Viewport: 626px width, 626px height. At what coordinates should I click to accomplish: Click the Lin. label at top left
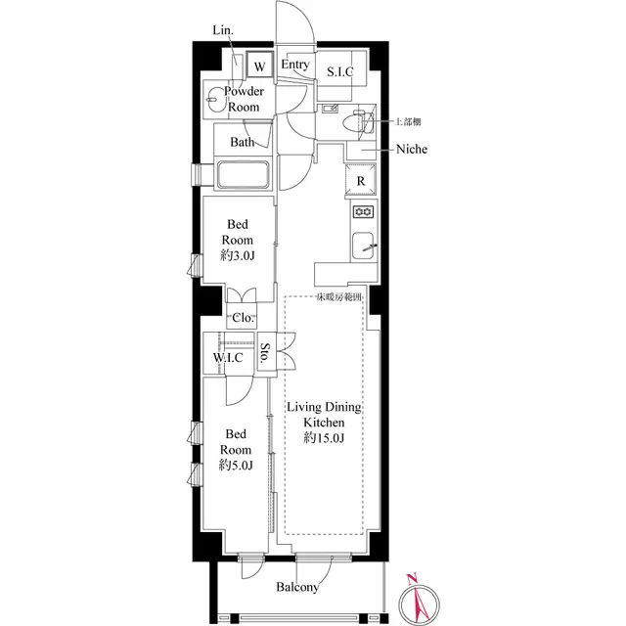pos(224,31)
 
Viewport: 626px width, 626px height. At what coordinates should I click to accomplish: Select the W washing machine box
pos(259,66)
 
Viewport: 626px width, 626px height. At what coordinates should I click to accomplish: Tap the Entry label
pos(294,66)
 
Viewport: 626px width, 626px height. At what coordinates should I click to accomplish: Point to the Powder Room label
pos(243,99)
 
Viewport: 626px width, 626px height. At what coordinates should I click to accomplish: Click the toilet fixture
pos(360,122)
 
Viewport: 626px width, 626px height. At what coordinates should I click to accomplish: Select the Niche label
pos(411,150)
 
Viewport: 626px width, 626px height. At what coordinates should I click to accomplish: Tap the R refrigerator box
pos(361,181)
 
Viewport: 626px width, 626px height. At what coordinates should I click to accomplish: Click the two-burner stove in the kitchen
pos(362,212)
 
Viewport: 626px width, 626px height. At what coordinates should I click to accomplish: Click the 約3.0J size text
pos(237,257)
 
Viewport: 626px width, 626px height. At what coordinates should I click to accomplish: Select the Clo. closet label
pos(244,318)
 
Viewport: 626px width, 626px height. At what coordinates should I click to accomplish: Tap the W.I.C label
pos(229,358)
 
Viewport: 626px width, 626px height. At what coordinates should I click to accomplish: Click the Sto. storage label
pos(265,352)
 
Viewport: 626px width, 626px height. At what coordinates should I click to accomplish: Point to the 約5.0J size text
pos(237,466)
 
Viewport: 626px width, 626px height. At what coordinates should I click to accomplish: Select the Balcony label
pos(296,588)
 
